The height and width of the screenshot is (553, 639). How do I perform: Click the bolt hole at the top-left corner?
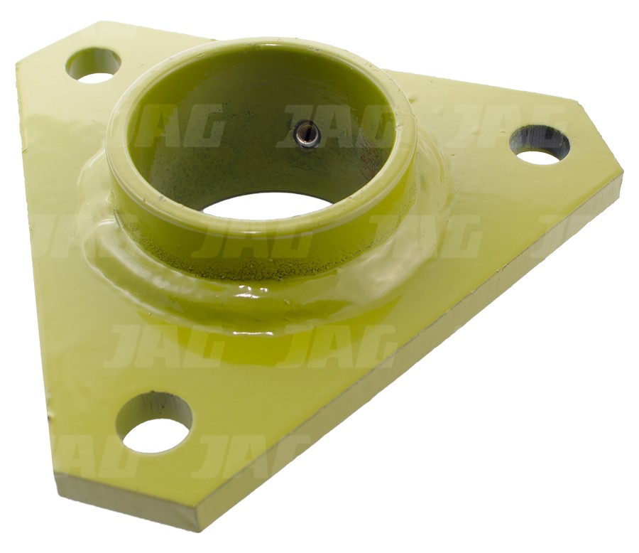click(94, 65)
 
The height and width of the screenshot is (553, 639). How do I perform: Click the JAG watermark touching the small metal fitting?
click(334, 127)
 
